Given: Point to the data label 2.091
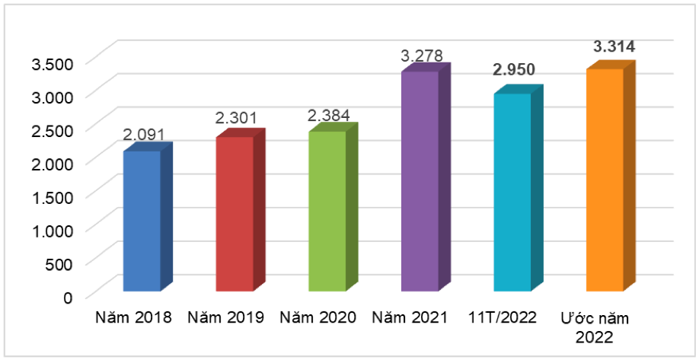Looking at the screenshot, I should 144,134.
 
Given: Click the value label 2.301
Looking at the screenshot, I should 236,119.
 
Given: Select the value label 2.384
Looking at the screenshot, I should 328,116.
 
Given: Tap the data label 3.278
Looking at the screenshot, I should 422,56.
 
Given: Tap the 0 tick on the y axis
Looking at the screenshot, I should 68,297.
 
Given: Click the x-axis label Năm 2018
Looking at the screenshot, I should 134,317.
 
